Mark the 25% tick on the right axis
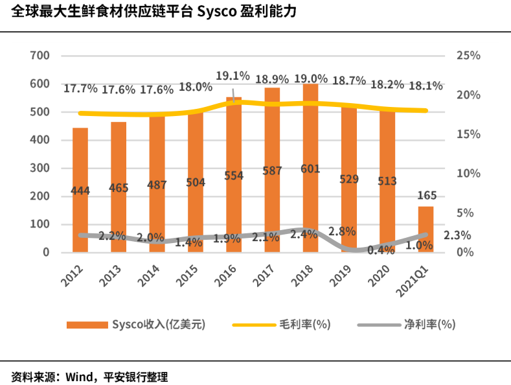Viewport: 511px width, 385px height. point(468,56)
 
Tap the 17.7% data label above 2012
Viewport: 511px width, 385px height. point(80,88)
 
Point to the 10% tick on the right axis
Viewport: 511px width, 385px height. point(468,174)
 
